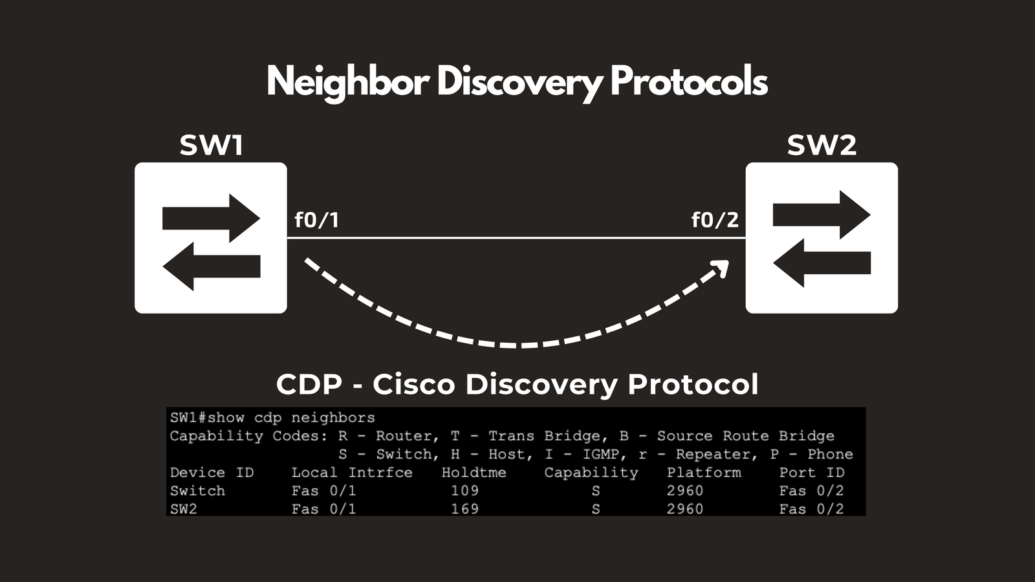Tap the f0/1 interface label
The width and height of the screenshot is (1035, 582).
pos(317,220)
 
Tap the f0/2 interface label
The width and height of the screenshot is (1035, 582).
pos(715,220)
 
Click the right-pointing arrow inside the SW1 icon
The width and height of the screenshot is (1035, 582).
pos(211,219)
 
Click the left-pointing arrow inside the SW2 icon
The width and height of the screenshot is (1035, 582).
pos(822,263)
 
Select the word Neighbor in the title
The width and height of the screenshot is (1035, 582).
pos(348,81)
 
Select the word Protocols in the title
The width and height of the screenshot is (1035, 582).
pos(689,81)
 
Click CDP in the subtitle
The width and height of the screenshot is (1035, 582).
pos(309,384)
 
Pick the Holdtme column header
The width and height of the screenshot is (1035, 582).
pos(474,473)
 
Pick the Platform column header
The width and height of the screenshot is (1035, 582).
pos(704,473)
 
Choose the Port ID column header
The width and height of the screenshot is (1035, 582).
pos(812,473)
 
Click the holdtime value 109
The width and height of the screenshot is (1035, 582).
pos(465,491)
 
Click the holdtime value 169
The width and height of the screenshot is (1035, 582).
pos(465,509)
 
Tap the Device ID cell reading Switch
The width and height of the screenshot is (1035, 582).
pos(197,491)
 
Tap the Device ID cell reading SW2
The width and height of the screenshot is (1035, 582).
pos(184,509)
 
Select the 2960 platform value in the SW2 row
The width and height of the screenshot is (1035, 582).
pos(685,509)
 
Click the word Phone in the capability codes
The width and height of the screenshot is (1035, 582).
pos(830,454)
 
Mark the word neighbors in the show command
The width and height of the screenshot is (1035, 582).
pos(333,418)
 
